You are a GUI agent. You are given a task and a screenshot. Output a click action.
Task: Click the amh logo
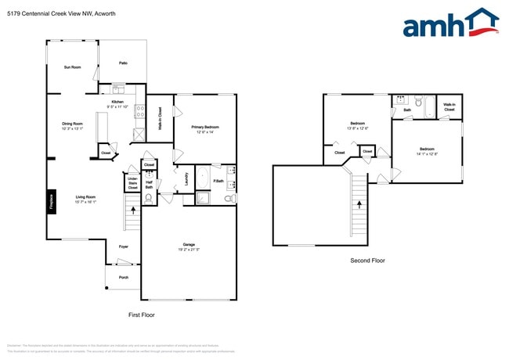(450, 23)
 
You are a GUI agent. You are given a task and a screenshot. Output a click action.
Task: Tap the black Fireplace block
(52, 201)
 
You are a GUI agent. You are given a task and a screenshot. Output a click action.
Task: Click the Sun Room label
(72, 67)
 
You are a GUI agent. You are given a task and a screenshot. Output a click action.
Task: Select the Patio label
(123, 63)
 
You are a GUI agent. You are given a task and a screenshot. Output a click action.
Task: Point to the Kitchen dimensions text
(117, 107)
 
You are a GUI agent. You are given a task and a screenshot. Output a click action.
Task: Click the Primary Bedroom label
(205, 127)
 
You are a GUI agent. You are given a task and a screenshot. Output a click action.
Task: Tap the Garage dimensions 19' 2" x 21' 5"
(189, 250)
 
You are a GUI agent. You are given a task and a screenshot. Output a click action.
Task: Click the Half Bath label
(149, 185)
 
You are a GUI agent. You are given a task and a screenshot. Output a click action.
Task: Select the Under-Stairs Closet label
(132, 184)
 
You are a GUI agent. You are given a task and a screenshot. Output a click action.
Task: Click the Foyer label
(123, 247)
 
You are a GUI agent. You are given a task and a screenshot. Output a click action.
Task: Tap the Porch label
(124, 277)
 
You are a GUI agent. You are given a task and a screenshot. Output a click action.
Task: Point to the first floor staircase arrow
(132, 210)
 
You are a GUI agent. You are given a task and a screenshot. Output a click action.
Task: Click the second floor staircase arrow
(359, 203)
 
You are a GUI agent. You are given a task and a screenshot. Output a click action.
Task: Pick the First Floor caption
(141, 315)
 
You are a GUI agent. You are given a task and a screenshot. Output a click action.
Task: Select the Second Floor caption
(368, 261)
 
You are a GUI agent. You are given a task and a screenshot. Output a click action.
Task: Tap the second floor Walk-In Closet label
(449, 106)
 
